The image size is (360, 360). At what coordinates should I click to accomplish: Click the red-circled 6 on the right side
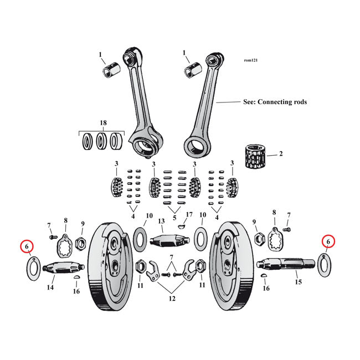click(x=328, y=241)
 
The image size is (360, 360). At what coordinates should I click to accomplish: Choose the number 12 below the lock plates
click(x=172, y=299)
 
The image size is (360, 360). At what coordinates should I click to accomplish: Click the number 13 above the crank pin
click(x=162, y=221)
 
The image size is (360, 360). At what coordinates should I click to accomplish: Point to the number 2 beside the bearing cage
click(x=281, y=153)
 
